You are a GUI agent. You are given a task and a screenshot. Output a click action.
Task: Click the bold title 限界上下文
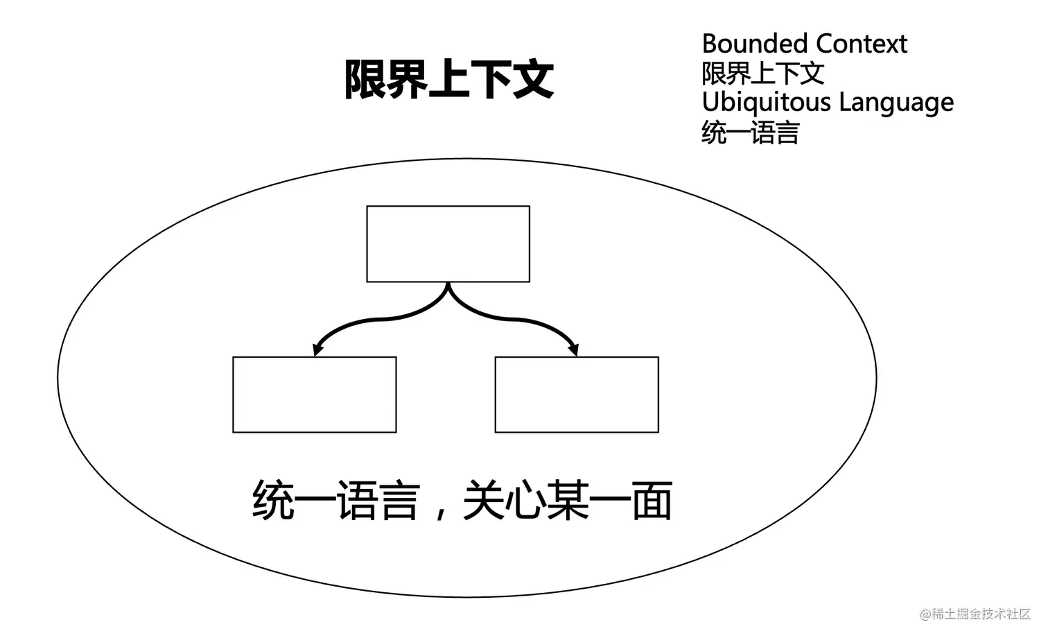[448, 79]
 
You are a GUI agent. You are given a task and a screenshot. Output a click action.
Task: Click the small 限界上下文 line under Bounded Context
[762, 74]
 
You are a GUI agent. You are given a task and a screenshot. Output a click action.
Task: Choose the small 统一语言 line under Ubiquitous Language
[750, 132]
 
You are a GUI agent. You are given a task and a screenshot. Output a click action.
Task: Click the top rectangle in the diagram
[448, 243]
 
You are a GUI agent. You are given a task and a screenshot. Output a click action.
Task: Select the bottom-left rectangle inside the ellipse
[314, 395]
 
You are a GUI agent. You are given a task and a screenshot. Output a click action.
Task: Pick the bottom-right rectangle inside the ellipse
[576, 395]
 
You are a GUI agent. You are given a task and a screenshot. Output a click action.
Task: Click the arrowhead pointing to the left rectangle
[318, 349]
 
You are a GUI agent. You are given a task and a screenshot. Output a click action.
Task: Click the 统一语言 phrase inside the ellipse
[336, 501]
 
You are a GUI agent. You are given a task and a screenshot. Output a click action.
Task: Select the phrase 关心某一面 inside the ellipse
[567, 501]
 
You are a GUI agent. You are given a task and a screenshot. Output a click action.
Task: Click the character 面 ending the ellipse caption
[652, 501]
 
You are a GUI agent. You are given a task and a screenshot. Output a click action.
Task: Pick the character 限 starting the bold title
[365, 79]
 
